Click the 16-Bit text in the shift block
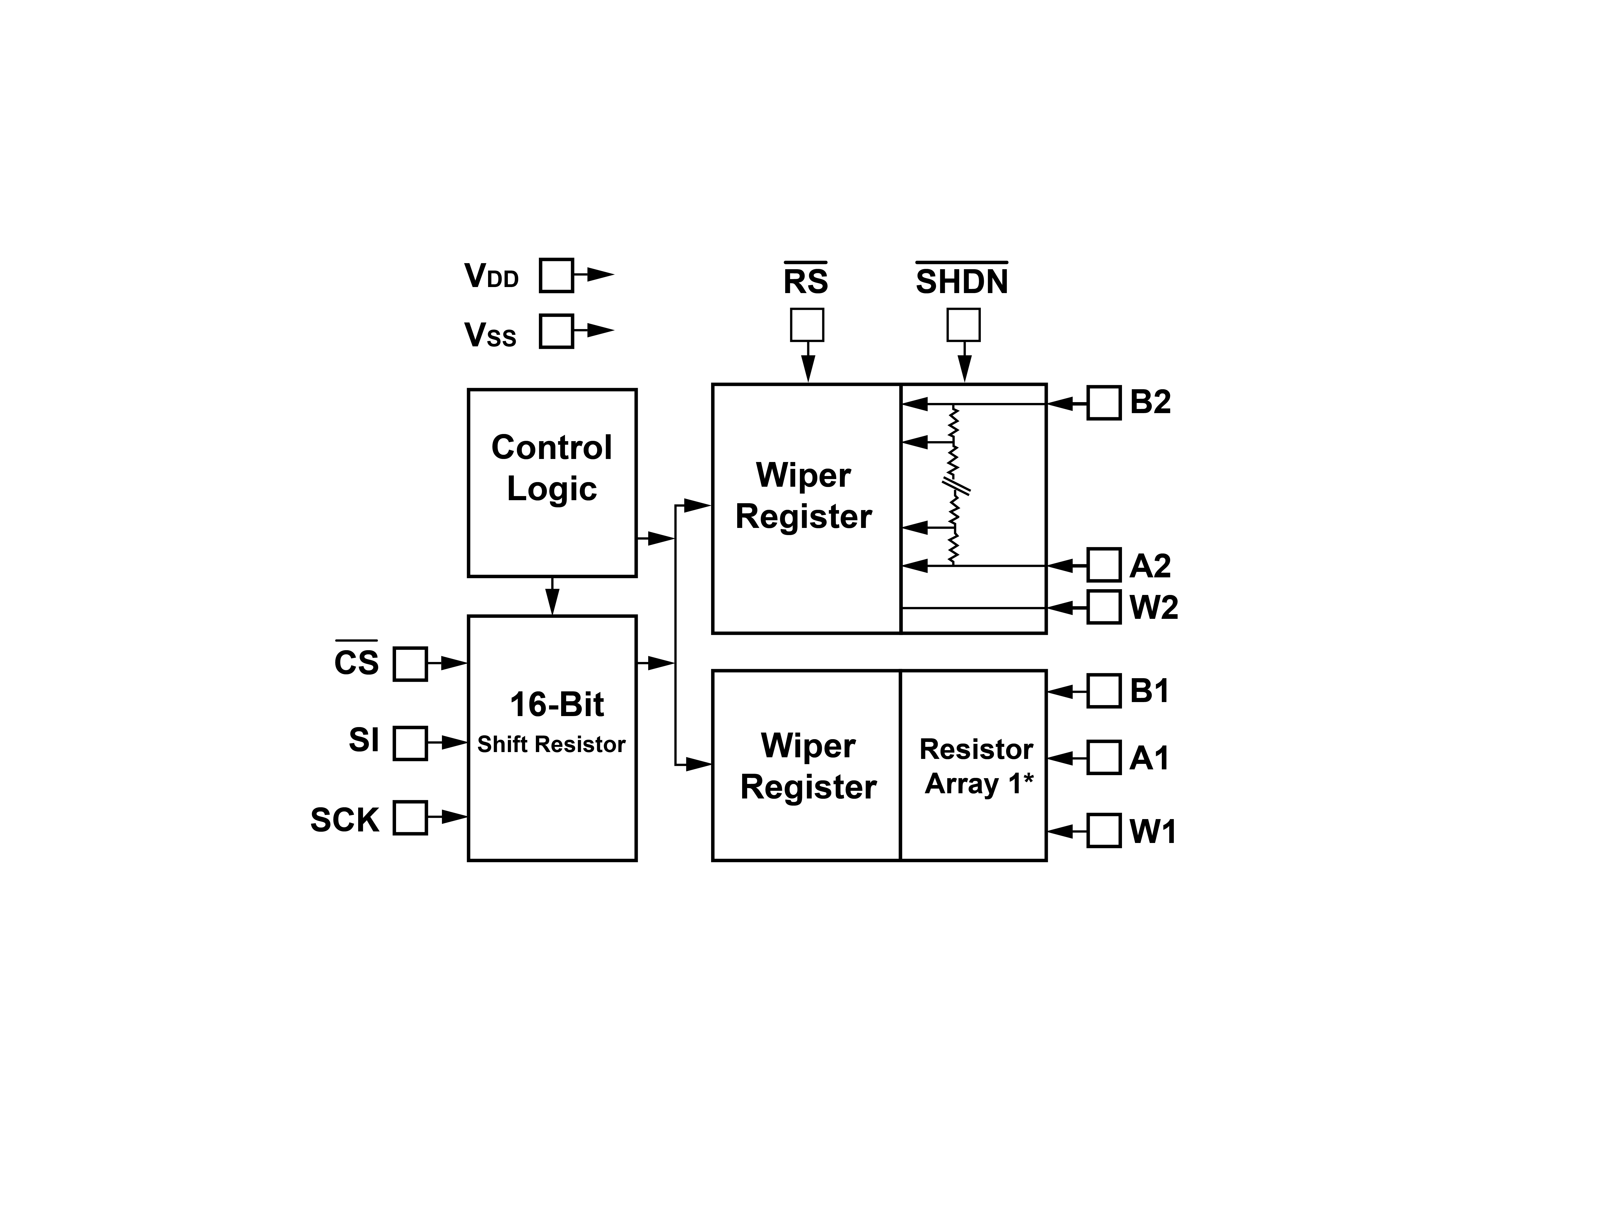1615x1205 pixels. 556,705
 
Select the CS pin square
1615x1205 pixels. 410,664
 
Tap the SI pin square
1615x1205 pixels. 410,742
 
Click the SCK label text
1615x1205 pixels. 344,820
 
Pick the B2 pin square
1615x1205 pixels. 1104,403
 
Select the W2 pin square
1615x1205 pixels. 1104,607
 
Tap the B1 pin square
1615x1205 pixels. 1104,691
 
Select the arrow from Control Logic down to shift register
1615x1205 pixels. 552,596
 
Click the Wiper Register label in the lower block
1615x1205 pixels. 808,766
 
